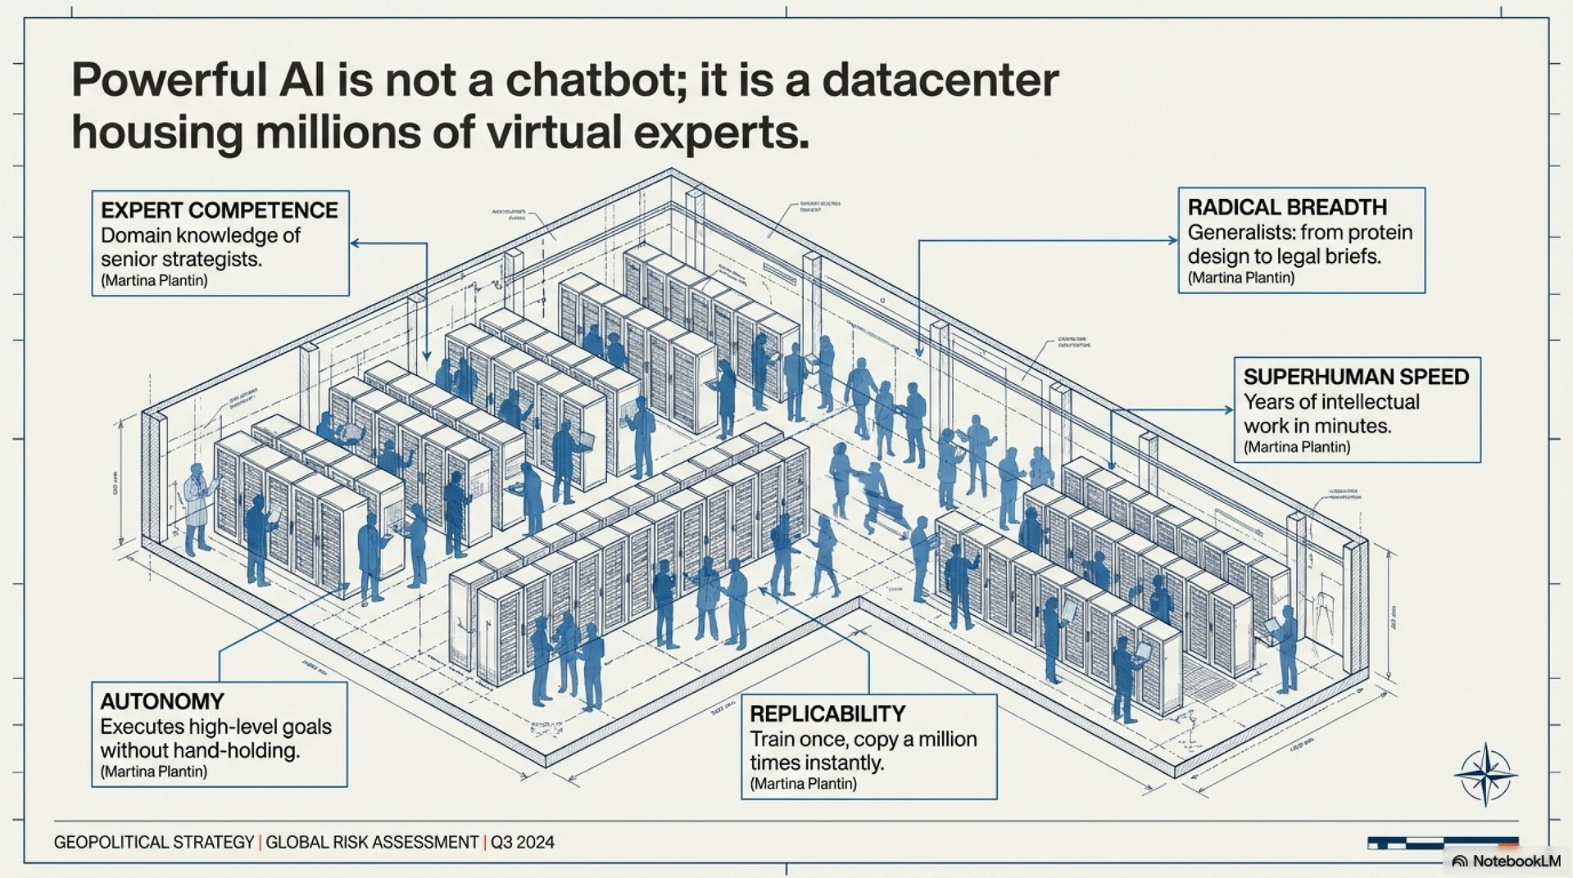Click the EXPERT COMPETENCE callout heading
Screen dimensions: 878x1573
(x=219, y=210)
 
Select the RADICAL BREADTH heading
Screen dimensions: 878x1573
(x=1287, y=207)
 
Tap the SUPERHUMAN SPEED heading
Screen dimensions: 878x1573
(x=1356, y=377)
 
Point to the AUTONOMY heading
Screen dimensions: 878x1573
(x=162, y=701)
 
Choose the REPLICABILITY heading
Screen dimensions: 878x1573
(x=827, y=713)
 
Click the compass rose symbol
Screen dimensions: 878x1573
(x=1485, y=774)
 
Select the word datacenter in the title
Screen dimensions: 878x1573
(x=940, y=80)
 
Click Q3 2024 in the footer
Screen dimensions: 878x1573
(x=523, y=842)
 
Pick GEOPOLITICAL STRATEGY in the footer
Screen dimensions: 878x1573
(x=154, y=842)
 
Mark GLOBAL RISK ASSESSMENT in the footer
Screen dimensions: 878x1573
(x=372, y=842)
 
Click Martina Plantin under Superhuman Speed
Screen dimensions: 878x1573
(x=1296, y=447)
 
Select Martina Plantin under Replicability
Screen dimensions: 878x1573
(x=803, y=784)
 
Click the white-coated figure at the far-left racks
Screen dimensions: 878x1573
(x=197, y=508)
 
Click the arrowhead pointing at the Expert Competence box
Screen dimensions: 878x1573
(x=356, y=242)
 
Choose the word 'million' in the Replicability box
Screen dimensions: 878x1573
(x=947, y=739)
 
